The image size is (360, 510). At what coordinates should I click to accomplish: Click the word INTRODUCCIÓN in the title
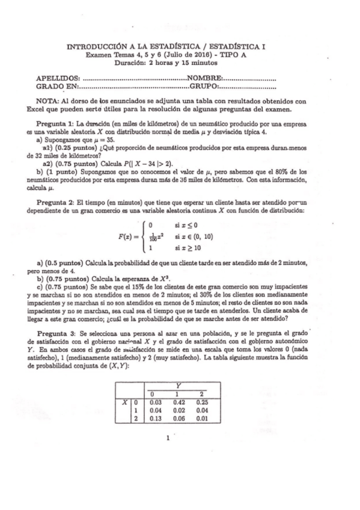coord(95,46)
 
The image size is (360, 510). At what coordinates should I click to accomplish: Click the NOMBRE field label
coord(204,78)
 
